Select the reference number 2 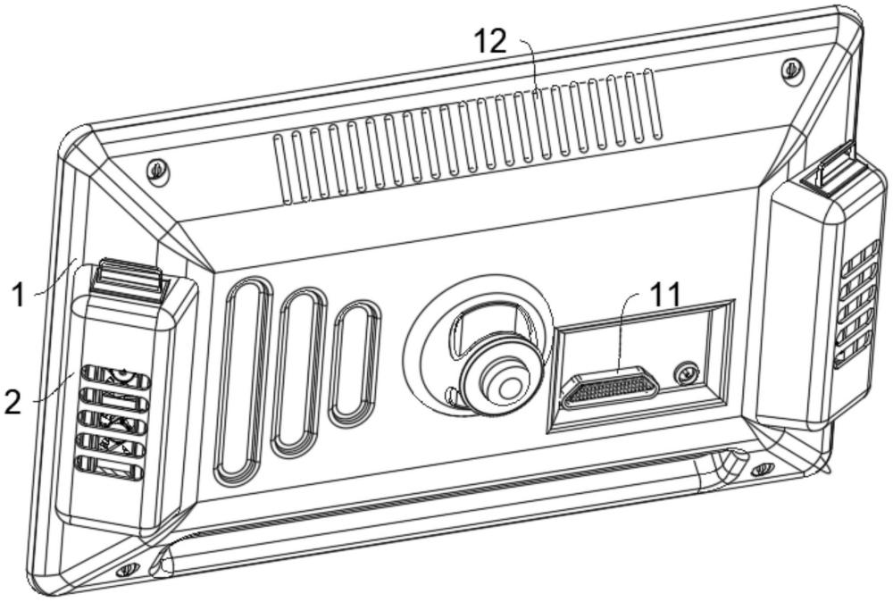[x=13, y=402]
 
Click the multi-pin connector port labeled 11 [x=610, y=388]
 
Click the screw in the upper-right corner [x=789, y=69]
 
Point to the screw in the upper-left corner [x=158, y=167]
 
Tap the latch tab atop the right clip [x=833, y=171]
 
